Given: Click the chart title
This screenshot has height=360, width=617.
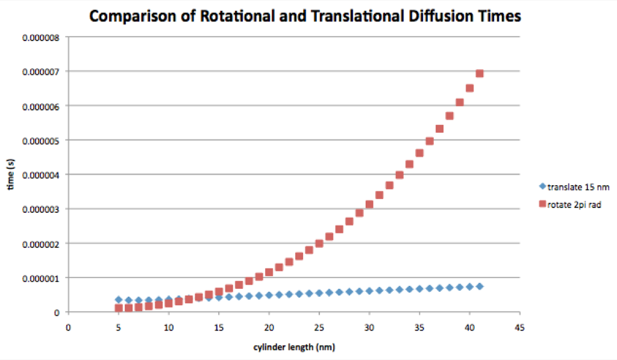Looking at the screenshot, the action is coord(305,16).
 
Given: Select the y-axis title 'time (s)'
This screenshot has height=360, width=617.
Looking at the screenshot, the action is coord(11,174).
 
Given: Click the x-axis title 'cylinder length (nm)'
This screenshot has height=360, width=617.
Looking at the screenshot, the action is coord(294,347).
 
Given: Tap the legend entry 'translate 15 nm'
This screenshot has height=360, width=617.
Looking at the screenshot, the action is coord(574,187).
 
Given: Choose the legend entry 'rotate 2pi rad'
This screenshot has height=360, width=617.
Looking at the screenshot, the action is coord(570,204).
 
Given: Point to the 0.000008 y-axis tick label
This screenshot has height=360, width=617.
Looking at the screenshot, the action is coord(41,38).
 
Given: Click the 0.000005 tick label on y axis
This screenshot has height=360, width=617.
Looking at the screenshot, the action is coord(41,141).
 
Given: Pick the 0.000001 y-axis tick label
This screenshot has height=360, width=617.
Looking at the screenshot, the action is coord(41,279).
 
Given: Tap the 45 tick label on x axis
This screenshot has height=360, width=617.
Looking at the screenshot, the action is coord(519,327).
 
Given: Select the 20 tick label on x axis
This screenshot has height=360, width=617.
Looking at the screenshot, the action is coord(269,327).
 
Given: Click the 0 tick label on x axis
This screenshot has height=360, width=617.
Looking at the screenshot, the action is coord(69,327).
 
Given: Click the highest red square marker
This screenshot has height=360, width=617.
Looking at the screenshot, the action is coord(480,74).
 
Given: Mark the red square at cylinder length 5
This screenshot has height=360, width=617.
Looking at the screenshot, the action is coord(119,308).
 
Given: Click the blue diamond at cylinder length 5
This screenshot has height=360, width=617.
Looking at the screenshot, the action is coord(119,300).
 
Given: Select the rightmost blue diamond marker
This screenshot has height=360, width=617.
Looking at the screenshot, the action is coord(480,286).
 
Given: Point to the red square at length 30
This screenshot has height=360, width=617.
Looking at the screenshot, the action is coord(369,204).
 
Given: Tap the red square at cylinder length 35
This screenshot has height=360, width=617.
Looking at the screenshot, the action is coord(419,153).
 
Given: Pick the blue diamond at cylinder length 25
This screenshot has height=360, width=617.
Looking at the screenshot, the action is coord(319,293).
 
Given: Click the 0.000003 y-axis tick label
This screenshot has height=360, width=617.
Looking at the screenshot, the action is coord(41,209).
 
